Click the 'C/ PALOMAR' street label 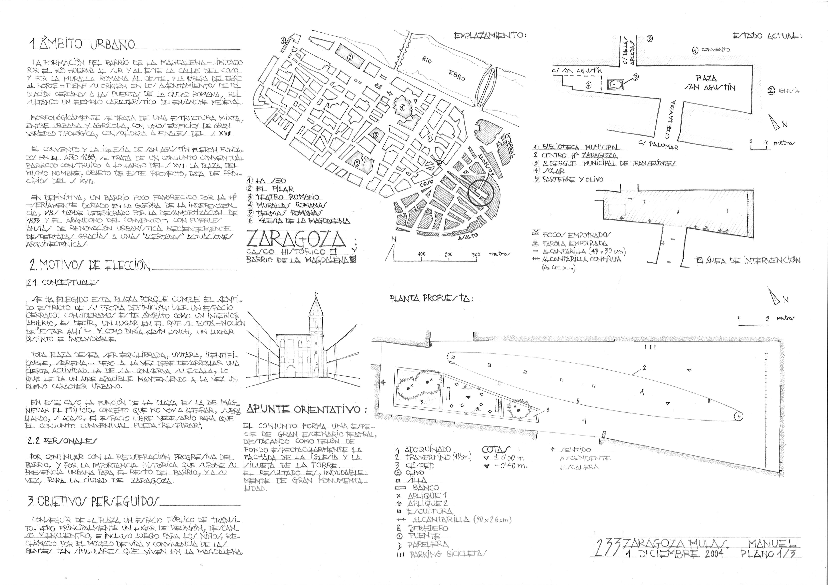click(x=658, y=145)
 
